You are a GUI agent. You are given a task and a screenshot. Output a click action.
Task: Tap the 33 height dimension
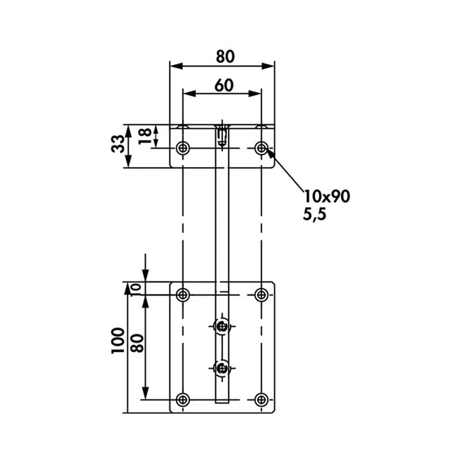[118, 144]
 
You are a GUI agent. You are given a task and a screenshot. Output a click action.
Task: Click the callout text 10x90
[327, 197]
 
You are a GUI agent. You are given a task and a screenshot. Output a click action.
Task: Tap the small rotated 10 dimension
[136, 289]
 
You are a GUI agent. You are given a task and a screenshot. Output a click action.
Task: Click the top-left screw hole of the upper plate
[183, 148]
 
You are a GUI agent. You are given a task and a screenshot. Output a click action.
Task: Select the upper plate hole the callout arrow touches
[261, 148]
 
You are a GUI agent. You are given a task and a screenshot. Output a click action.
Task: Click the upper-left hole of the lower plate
[183, 295]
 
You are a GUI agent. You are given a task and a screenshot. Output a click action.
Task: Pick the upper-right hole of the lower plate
[261, 295]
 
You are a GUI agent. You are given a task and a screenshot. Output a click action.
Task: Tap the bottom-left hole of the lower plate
[183, 399]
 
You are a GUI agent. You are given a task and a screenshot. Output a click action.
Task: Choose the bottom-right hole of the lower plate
[261, 399]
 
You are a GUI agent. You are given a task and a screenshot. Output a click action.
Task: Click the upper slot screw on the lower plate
[223, 326]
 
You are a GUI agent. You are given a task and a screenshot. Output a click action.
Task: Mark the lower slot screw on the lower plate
[223, 368]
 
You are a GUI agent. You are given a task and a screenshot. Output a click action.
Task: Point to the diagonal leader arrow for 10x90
[286, 171]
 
